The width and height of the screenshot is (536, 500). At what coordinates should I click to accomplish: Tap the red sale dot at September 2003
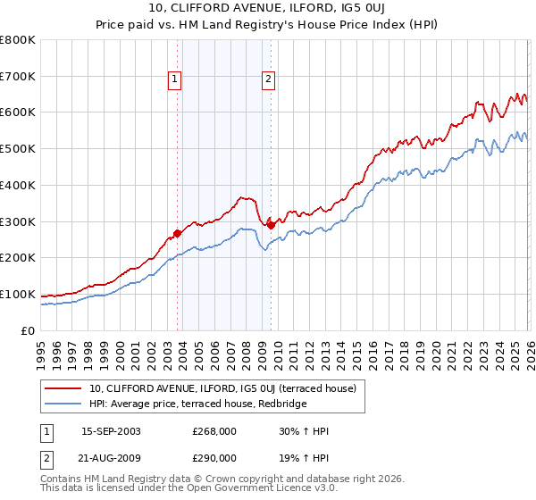pyautogui.click(x=177, y=233)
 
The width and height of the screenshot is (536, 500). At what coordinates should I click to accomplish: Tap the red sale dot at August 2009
pyautogui.click(x=271, y=225)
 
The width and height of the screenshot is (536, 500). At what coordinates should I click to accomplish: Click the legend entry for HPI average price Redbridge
pyautogui.click(x=197, y=404)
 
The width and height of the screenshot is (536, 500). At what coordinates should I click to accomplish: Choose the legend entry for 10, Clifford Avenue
pyautogui.click(x=222, y=388)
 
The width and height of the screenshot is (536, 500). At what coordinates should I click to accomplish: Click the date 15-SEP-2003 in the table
pyautogui.click(x=111, y=430)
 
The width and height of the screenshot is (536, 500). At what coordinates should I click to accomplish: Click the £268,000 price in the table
pyautogui.click(x=214, y=430)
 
